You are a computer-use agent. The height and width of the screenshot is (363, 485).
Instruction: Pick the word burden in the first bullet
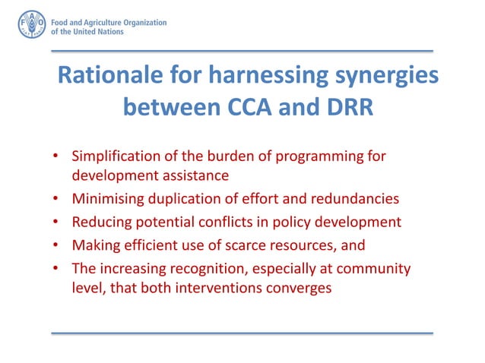coord(219,157)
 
